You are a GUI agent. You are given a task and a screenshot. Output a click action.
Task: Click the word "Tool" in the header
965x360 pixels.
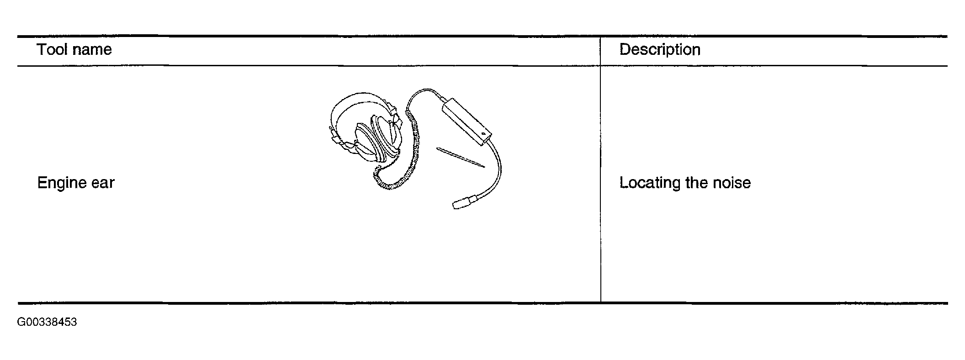coord(52,49)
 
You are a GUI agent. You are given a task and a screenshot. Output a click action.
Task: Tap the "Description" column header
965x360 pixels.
coord(660,49)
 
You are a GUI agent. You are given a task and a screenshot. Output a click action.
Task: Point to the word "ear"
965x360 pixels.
coord(103,183)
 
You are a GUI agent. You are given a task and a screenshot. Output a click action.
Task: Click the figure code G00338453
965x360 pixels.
coord(47,323)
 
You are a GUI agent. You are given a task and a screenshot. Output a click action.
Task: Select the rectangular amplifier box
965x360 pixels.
coord(466,121)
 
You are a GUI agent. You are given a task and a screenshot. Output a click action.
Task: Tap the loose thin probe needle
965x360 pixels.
coord(460,157)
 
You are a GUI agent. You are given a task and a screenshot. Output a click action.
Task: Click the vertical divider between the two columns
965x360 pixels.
coord(600,169)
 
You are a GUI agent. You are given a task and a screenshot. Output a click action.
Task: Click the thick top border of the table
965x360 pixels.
coord(482,36)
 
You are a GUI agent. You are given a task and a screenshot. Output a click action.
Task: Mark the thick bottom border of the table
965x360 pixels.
coord(482,303)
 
